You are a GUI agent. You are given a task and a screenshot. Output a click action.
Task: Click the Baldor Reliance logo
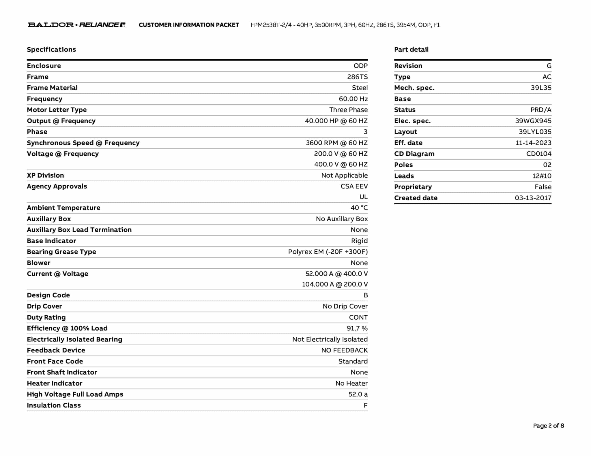point(76,25)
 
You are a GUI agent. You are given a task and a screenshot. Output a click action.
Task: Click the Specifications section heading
point(51,50)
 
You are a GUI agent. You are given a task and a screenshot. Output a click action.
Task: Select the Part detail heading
point(411,50)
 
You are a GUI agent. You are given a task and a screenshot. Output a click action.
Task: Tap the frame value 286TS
point(357,77)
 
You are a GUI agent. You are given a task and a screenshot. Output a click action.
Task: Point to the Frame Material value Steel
point(360,88)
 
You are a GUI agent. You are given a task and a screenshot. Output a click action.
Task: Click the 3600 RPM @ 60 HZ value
point(336,143)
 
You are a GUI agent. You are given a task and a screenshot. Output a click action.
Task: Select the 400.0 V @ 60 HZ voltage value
point(341,164)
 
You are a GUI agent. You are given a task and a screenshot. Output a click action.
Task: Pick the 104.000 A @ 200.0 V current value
point(335,284)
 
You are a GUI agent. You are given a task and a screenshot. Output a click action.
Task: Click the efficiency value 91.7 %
point(357,328)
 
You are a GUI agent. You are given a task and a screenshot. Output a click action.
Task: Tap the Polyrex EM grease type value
point(328,252)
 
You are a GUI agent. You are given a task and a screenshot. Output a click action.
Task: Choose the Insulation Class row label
point(54,406)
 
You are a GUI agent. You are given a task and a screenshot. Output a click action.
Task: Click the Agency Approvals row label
point(57,186)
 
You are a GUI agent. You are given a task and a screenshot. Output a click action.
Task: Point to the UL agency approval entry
point(363,197)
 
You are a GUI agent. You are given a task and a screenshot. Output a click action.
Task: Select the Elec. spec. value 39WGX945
point(533,121)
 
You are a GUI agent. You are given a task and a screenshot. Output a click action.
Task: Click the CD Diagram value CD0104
point(538,154)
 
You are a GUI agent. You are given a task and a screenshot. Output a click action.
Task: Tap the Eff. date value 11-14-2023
point(533,143)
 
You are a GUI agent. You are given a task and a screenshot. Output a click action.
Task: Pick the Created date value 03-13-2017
point(533,198)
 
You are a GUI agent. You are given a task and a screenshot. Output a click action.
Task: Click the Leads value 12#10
point(542,176)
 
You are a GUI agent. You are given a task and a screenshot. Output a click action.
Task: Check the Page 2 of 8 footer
point(548,426)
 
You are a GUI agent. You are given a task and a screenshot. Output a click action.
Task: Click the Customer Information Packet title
point(189,25)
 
